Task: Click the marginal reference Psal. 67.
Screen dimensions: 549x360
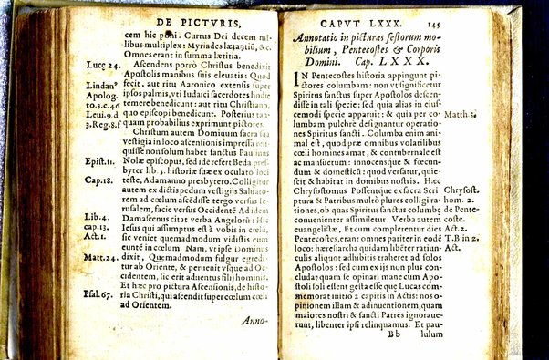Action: [x=98, y=294]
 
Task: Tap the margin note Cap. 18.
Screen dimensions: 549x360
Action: [x=98, y=180]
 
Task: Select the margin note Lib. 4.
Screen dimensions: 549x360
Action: [x=96, y=216]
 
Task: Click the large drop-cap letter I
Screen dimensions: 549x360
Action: [x=296, y=96]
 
